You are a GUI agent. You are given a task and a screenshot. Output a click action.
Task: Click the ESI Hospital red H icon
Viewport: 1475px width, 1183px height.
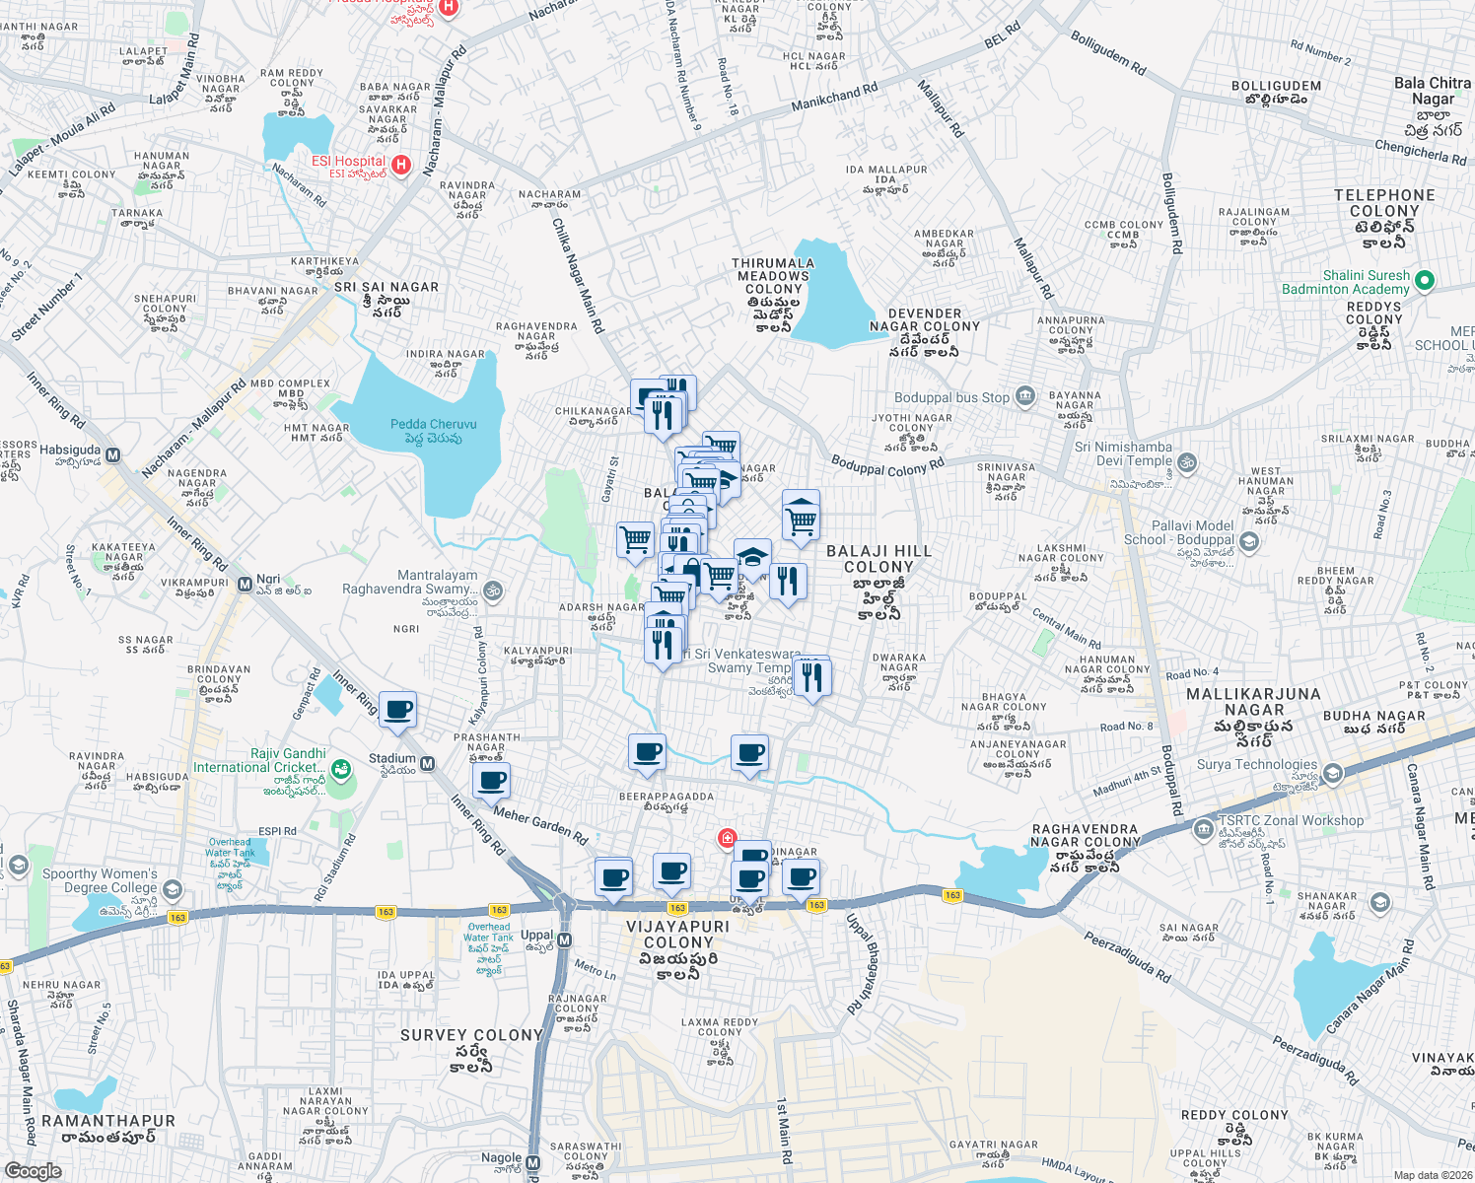click(400, 165)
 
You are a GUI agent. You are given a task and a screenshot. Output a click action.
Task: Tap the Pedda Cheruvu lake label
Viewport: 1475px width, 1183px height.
click(433, 431)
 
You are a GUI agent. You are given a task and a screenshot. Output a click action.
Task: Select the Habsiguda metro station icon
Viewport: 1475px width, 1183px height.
click(113, 455)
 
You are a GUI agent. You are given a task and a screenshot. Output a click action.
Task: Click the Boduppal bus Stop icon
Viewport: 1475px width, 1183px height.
click(1024, 397)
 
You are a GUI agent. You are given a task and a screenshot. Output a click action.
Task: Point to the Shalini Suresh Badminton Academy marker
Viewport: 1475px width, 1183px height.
click(1424, 281)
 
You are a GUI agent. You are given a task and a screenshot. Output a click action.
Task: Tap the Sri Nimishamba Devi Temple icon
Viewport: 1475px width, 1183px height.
click(1188, 461)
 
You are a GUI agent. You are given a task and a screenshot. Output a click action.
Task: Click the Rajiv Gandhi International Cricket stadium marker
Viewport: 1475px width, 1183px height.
click(340, 768)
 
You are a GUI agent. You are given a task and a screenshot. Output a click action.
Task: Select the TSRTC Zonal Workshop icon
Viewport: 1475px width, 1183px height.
click(1203, 829)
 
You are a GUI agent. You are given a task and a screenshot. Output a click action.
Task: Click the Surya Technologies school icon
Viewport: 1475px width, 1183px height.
click(1333, 773)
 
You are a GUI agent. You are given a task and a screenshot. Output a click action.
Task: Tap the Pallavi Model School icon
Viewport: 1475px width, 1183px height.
click(1249, 541)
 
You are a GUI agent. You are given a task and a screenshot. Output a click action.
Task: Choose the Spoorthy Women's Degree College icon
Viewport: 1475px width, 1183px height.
click(172, 889)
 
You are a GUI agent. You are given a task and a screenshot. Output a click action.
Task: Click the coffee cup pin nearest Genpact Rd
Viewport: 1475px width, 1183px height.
click(397, 710)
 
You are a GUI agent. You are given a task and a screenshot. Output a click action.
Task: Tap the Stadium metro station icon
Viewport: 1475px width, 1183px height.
click(428, 763)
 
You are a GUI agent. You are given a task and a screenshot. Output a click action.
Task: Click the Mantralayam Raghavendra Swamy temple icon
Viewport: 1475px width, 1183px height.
click(493, 591)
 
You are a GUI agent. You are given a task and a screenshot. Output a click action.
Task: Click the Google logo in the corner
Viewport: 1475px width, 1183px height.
click(33, 1171)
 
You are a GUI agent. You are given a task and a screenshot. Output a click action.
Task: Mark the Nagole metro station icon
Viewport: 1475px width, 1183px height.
click(533, 1163)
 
